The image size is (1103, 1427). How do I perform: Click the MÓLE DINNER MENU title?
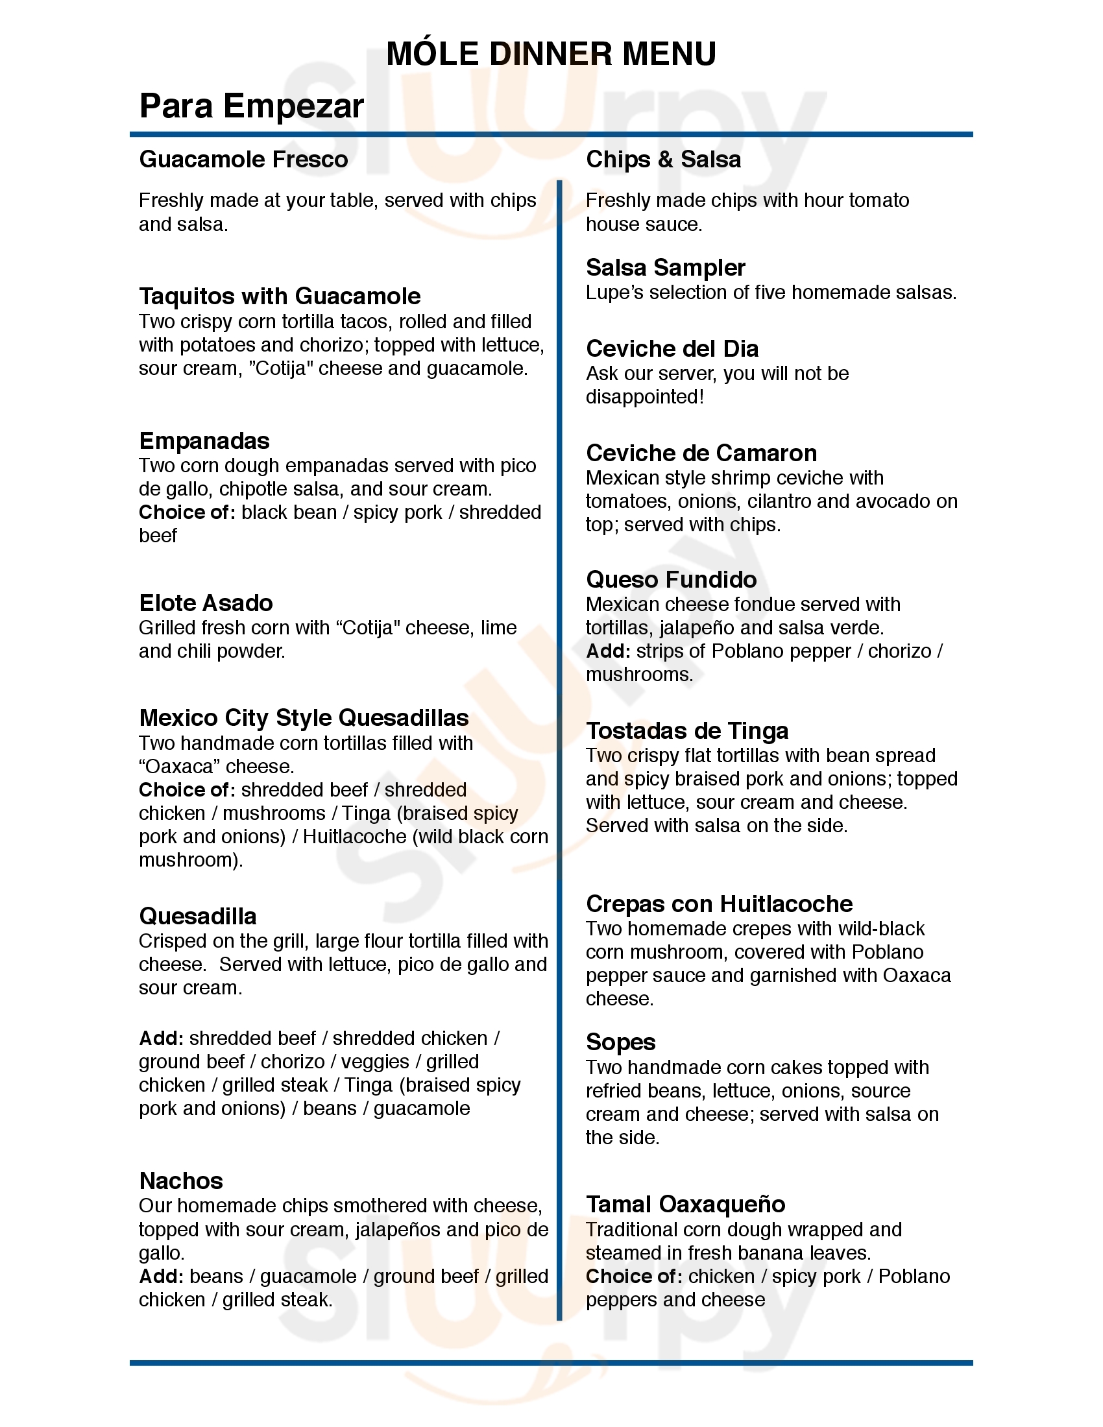click(x=551, y=54)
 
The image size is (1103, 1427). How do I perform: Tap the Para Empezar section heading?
click(x=252, y=106)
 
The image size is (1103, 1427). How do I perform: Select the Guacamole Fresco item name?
click(x=243, y=160)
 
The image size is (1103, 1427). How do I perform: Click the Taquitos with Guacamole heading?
click(x=280, y=296)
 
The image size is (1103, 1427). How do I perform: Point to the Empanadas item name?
click(x=204, y=441)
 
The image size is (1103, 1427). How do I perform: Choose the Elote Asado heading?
click(x=206, y=603)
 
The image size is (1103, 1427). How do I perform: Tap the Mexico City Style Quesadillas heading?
click(x=304, y=718)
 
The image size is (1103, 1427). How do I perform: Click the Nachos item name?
click(x=181, y=1181)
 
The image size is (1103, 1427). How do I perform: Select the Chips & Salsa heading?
click(x=663, y=160)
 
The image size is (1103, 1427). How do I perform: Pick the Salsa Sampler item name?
click(x=665, y=268)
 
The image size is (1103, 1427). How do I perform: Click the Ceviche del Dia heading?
click(x=672, y=349)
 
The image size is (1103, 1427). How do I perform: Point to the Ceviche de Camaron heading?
click(x=701, y=453)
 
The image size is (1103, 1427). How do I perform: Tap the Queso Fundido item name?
click(x=671, y=579)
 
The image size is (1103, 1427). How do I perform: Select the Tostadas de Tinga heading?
click(x=686, y=730)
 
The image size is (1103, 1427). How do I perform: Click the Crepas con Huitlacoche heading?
click(x=719, y=904)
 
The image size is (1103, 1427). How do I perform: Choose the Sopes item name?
click(x=620, y=1042)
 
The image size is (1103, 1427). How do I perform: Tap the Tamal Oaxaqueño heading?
click(x=685, y=1205)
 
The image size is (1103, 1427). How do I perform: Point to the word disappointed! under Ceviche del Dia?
click(x=644, y=397)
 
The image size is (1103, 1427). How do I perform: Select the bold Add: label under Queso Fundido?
click(x=608, y=651)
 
